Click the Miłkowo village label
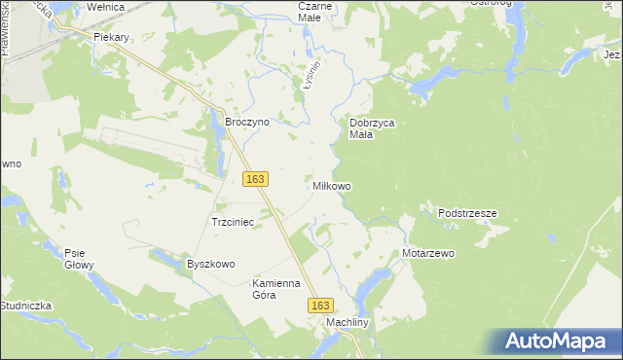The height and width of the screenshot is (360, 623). click(331, 185)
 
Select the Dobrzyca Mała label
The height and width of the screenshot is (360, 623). click(371, 129)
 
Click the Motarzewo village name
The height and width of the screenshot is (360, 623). click(428, 253)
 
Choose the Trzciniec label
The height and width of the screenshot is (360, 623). click(233, 222)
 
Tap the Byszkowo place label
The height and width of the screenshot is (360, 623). click(211, 264)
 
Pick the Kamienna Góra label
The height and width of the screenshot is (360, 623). click(278, 289)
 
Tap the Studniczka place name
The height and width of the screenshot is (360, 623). click(25, 306)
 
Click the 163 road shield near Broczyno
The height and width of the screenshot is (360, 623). click(256, 179)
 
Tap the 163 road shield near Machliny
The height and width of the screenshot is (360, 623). click(322, 305)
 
